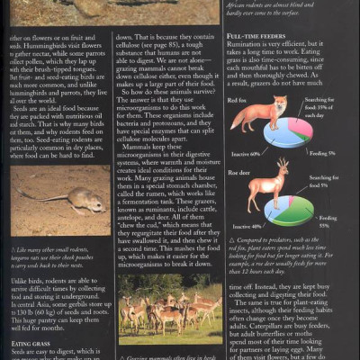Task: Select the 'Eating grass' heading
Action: coord(28,342)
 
